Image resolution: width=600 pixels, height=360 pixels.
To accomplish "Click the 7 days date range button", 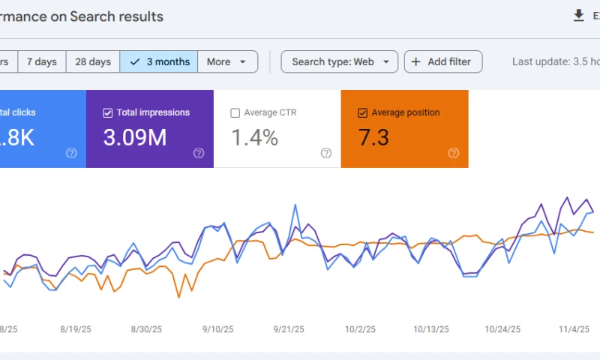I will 42,61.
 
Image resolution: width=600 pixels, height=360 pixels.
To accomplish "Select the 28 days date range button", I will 93,61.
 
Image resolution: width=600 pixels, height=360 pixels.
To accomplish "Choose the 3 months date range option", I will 159,61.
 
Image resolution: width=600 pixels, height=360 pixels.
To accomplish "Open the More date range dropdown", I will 227,61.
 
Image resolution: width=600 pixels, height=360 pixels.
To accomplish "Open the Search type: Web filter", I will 339,61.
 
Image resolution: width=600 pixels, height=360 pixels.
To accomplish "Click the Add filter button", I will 442,61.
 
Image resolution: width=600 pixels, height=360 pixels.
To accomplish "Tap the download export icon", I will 578,16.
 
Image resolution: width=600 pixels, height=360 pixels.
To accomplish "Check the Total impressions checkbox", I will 108,113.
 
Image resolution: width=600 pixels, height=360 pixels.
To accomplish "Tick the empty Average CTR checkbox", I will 235,113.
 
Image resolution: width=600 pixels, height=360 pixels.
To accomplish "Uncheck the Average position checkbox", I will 363,113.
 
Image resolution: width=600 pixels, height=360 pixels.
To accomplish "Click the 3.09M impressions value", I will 135,138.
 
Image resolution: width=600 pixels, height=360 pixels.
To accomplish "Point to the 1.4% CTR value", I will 254,138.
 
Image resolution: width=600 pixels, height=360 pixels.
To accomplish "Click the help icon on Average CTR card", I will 326,153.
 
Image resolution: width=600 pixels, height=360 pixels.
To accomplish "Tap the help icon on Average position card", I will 454,153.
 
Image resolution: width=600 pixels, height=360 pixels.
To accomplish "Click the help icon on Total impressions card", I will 199,153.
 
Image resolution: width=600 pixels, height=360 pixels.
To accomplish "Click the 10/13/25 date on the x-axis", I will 431,329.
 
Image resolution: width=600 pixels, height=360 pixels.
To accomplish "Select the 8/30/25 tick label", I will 146,329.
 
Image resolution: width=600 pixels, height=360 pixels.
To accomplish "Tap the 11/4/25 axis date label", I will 575,329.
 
